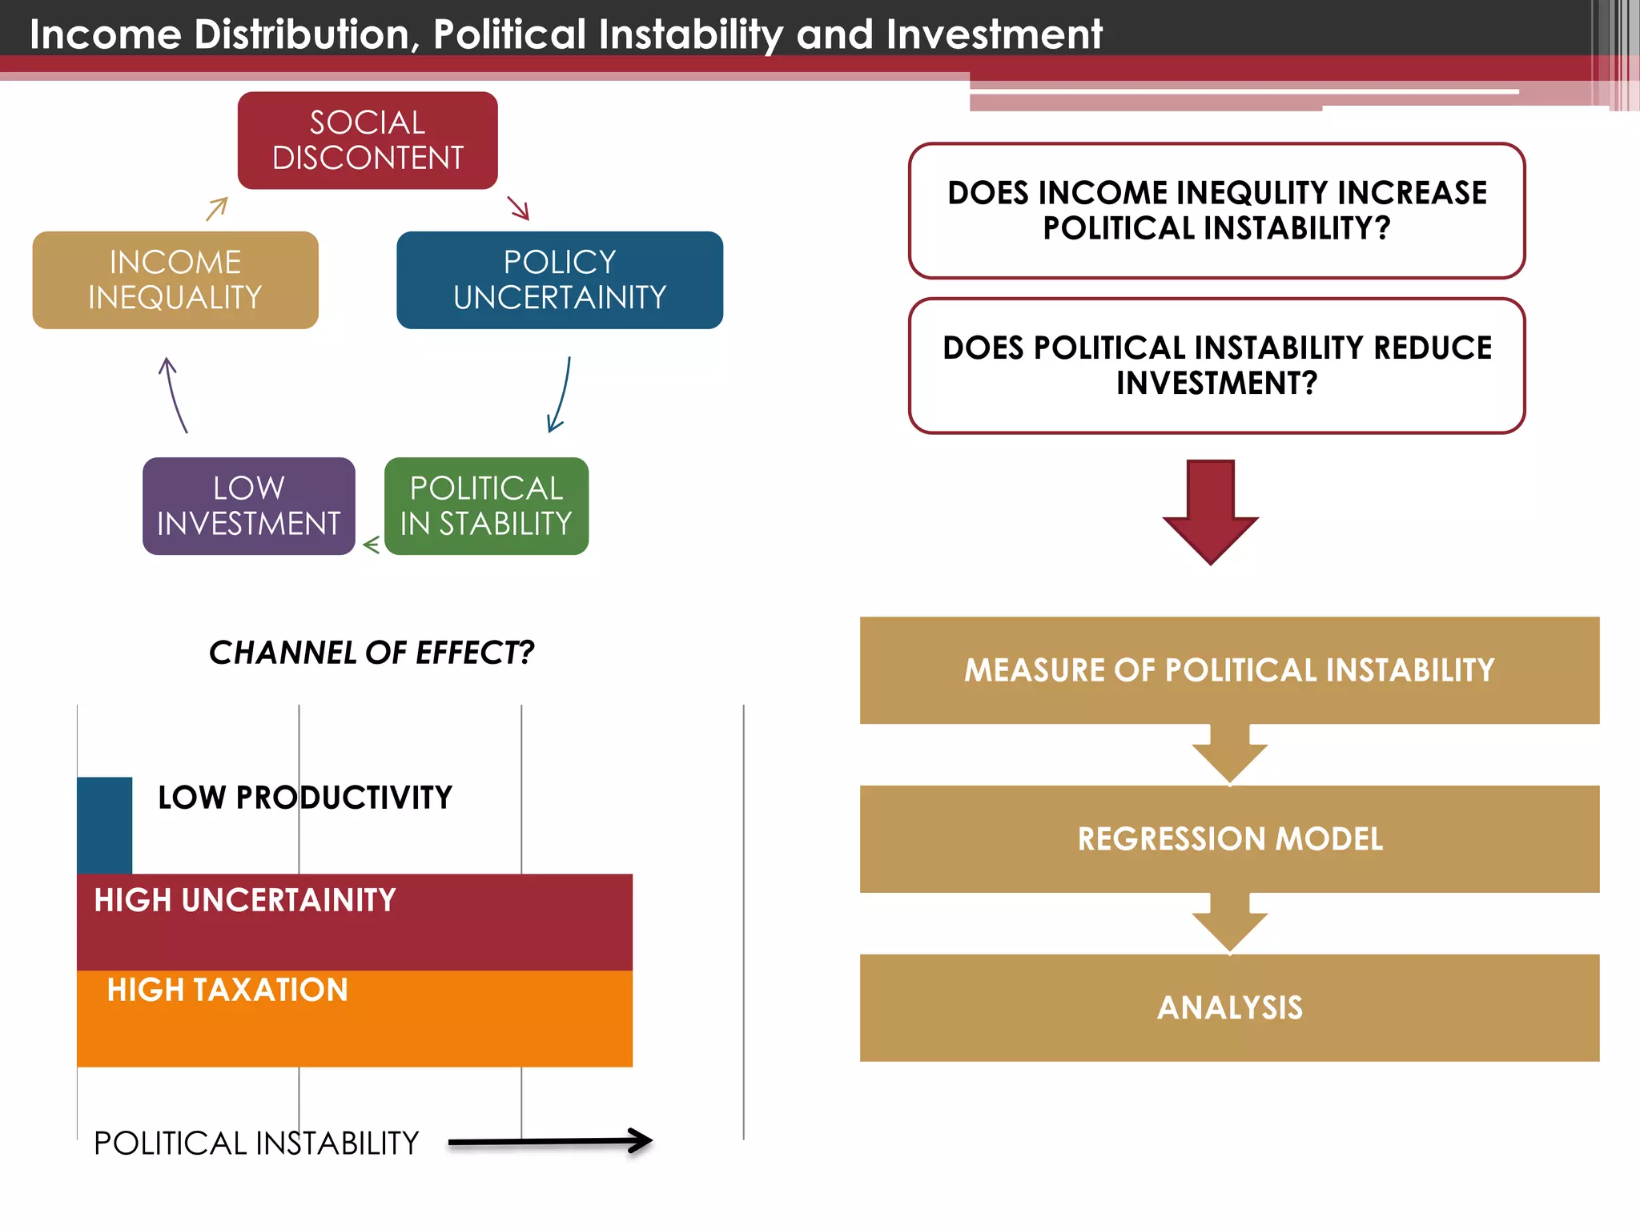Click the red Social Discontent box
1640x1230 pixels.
[368, 140]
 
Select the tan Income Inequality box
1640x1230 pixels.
[175, 279]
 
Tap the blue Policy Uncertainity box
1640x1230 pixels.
[560, 279]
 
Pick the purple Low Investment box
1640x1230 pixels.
[248, 505]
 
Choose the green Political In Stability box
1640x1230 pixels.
[486, 505]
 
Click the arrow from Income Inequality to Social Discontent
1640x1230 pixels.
[217, 209]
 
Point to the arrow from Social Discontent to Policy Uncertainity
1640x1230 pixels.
[519, 208]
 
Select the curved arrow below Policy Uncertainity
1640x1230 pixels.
[561, 395]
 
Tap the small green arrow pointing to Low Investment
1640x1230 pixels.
[371, 545]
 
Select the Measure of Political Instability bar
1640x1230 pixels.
[1229, 670]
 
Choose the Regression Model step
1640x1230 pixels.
[1229, 838]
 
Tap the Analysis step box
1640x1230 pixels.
[1229, 1007]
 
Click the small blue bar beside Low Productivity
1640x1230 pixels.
[104, 825]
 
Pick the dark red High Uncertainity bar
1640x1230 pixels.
[355, 922]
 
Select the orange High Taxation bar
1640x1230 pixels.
[355, 1019]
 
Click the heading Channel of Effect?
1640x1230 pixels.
[371, 653]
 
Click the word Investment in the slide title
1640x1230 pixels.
[994, 34]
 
